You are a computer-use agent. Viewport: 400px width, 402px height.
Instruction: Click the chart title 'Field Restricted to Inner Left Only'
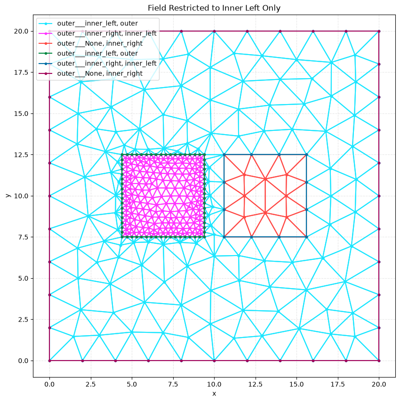click(x=214, y=8)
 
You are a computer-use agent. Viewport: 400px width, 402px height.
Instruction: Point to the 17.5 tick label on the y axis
click(x=21, y=72)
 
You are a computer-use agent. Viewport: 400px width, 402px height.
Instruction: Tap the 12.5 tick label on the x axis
click(x=256, y=384)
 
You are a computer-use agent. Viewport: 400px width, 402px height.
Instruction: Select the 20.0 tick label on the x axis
click(x=379, y=384)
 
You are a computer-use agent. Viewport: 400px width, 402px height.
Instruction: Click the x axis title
click(x=214, y=394)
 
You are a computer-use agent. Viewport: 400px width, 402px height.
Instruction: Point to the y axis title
click(x=8, y=196)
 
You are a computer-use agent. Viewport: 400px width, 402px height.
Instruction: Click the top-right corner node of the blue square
click(x=306, y=154)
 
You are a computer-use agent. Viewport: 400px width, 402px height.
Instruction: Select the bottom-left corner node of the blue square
click(x=224, y=237)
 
